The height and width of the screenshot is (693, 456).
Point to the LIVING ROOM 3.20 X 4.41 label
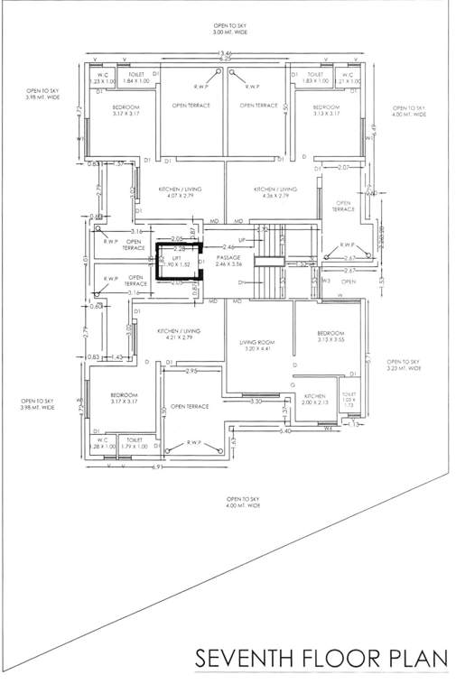256,346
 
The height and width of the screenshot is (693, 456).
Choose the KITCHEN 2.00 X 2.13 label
314,400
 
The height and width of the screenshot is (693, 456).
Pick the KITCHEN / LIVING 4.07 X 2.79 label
179,193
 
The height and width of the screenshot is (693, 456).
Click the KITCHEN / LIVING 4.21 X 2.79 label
179,335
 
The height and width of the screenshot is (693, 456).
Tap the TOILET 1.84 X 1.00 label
135,79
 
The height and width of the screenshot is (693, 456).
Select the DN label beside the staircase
242,283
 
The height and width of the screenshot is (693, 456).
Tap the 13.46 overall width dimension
225,55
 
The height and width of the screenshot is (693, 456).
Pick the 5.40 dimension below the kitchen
285,431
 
